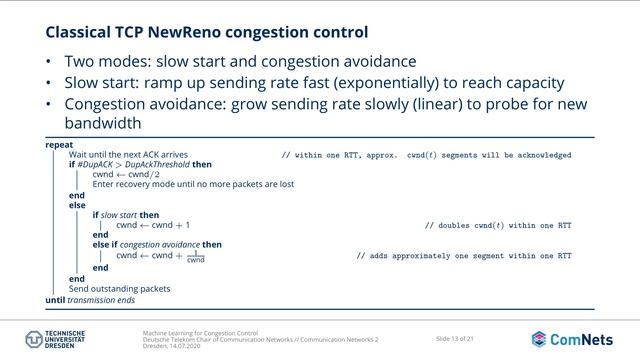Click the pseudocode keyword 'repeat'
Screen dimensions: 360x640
click(59, 145)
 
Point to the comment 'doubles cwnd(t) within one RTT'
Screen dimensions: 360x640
click(498, 226)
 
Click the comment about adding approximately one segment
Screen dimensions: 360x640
click(464, 256)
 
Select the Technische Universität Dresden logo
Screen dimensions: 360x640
click(50, 338)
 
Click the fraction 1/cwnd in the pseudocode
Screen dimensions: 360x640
click(196, 257)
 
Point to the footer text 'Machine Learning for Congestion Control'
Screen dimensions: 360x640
click(200, 331)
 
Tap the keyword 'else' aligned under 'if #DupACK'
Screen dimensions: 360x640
click(77, 205)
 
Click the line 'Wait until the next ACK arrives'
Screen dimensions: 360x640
click(128, 155)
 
